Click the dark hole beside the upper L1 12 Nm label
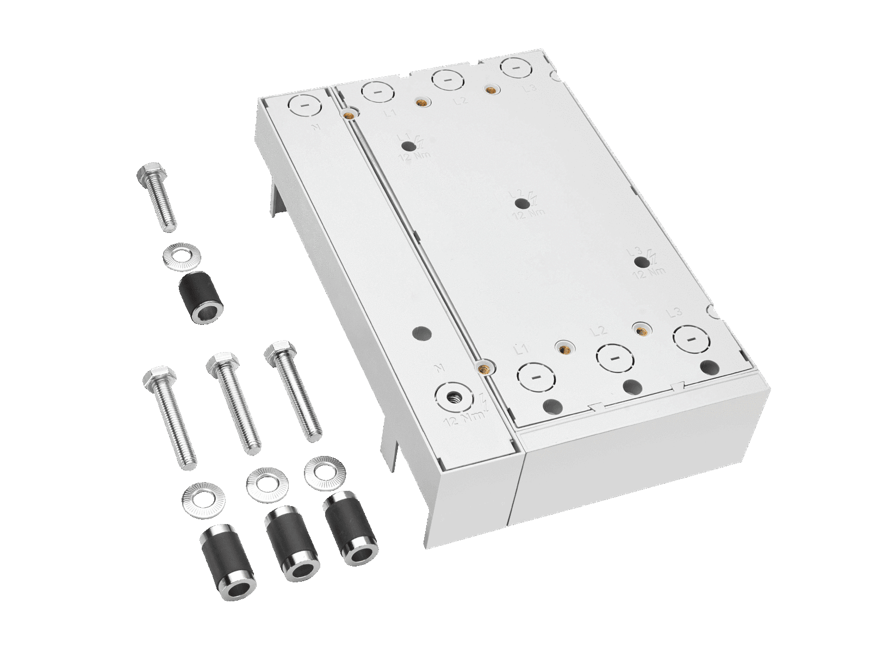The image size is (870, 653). [407, 146]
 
